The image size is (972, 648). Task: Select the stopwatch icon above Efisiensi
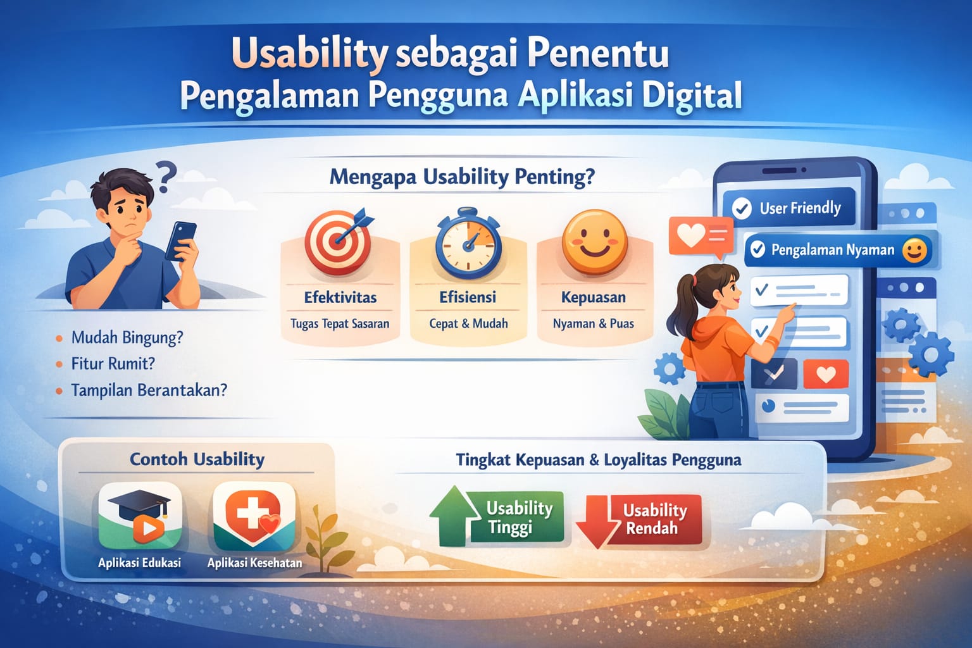468,243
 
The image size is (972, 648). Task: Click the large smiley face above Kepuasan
594,242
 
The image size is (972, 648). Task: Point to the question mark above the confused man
166,176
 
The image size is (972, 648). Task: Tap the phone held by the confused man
180,241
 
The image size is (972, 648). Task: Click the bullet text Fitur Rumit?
113,364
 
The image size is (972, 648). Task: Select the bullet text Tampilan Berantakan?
149,390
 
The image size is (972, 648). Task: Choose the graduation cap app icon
140,516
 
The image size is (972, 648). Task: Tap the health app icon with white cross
254,516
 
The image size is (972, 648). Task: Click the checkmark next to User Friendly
742,208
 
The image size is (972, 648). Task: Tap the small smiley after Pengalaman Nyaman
914,251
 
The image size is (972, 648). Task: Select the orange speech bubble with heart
701,237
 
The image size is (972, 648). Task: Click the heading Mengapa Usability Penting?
463,178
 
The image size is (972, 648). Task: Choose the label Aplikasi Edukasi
139,563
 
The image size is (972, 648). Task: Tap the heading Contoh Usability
197,459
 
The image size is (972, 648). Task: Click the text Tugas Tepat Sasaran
340,324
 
